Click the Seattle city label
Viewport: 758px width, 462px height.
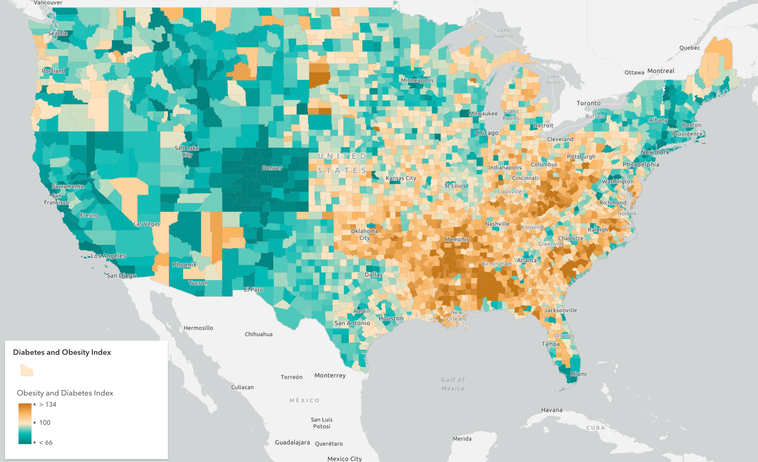pyautogui.click(x=57, y=33)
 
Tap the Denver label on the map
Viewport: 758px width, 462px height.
pyautogui.click(x=272, y=168)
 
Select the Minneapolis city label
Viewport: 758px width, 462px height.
pyautogui.click(x=417, y=80)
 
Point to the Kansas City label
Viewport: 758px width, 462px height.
pyautogui.click(x=401, y=178)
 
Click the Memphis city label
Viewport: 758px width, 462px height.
pyautogui.click(x=457, y=239)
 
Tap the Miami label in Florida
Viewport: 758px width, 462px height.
pyautogui.click(x=578, y=374)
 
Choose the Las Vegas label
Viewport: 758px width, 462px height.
pyautogui.click(x=147, y=224)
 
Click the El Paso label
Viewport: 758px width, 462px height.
pyautogui.click(x=253, y=290)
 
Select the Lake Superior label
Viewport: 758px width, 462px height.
pyautogui.click(x=503, y=33)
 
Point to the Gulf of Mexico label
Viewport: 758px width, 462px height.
pyautogui.click(x=453, y=384)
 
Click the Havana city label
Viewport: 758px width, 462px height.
pyautogui.click(x=552, y=410)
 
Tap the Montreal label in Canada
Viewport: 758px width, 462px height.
pyautogui.click(x=661, y=71)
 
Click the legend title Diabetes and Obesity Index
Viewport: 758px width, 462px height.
pyautogui.click(x=62, y=352)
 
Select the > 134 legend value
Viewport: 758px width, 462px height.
pyautogui.click(x=48, y=405)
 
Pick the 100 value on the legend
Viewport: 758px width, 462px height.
pyautogui.click(x=45, y=423)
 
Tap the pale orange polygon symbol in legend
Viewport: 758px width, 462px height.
pyautogui.click(x=26, y=370)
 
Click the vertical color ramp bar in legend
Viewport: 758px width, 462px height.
pyautogui.click(x=25, y=424)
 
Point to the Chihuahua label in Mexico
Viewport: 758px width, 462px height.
pyautogui.click(x=258, y=334)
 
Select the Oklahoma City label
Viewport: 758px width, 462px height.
pyautogui.click(x=364, y=234)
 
